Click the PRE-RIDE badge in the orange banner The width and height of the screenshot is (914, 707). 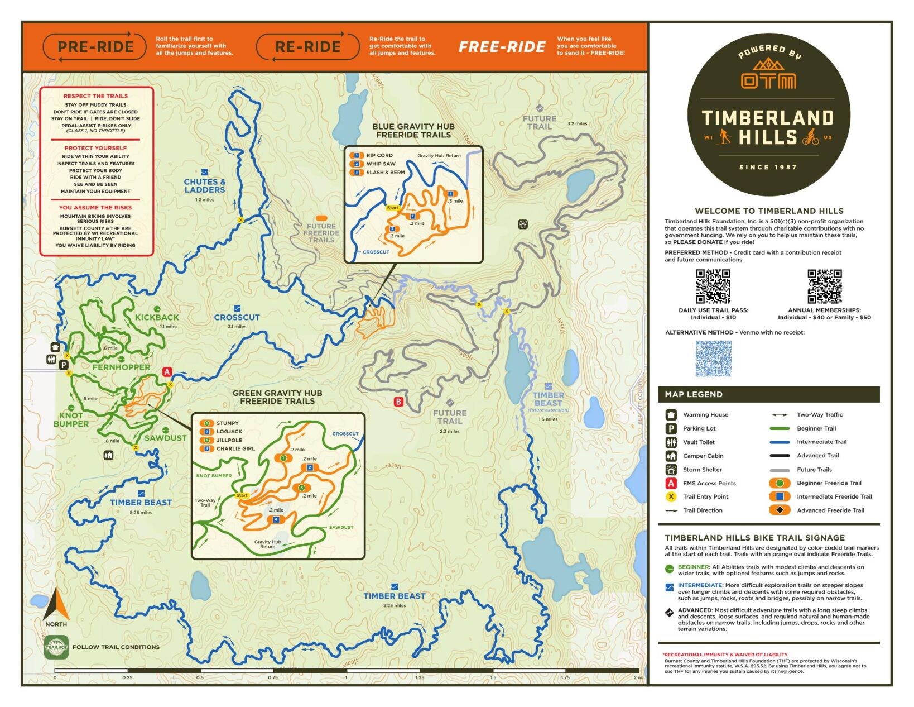coord(95,47)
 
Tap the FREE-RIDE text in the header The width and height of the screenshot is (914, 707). coord(502,47)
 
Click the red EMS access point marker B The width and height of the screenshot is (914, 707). coord(398,402)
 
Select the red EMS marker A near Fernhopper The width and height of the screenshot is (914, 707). coord(167,372)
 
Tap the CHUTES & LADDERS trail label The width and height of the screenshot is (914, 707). coord(205,185)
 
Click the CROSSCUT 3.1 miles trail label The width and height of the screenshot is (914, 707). coord(237,317)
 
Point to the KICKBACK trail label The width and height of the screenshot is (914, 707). coord(157,317)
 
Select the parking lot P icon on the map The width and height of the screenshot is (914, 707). coord(64,365)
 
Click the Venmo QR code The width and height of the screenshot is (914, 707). coord(713,359)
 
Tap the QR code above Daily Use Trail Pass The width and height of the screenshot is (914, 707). coord(713,286)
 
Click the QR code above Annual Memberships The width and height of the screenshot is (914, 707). coord(824,286)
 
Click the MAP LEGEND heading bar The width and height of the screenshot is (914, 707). coord(768,394)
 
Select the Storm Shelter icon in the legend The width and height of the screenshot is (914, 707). coord(671,470)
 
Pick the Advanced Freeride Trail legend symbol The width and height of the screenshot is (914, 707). coord(780,510)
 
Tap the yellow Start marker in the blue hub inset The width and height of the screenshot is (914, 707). coord(393,208)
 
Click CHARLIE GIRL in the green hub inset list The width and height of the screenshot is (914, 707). coord(235,448)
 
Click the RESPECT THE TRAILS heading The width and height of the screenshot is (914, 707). coord(95,96)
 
